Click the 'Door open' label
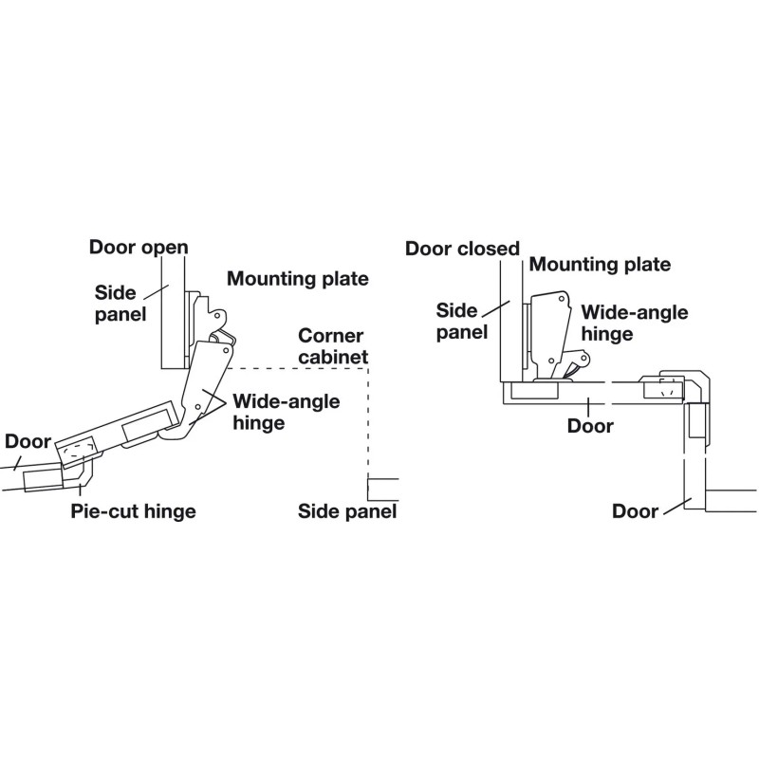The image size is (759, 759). [139, 248]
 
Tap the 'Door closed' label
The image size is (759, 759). [462, 249]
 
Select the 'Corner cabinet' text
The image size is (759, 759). [333, 346]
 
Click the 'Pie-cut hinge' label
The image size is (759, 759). [133, 511]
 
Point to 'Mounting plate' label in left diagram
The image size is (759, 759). [297, 279]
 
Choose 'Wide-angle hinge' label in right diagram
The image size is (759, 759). [621, 322]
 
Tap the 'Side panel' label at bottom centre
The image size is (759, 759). [346, 511]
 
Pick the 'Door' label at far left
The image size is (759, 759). [28, 441]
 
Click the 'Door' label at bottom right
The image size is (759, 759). [635, 511]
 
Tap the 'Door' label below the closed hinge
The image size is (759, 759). [589, 426]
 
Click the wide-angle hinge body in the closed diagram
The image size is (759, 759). [549, 332]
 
